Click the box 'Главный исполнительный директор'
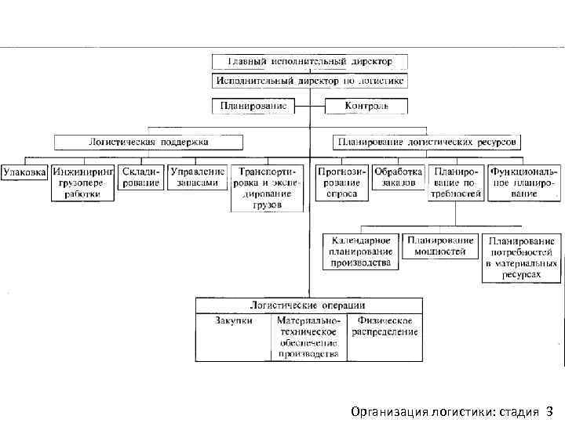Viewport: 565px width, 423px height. point(309,61)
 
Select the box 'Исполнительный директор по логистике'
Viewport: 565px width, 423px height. point(309,80)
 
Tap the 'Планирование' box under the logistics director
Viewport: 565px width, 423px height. point(252,106)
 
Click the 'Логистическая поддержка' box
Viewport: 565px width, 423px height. point(148,143)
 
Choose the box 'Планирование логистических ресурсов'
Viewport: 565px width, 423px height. point(427,143)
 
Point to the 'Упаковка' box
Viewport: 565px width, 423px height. point(25,171)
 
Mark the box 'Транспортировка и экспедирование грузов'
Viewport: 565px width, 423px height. point(267,188)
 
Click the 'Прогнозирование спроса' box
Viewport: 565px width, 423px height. point(341,182)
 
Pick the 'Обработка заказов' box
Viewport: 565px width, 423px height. point(398,176)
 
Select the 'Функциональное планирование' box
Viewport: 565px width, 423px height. point(523,182)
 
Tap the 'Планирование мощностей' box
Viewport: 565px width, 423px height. point(439,246)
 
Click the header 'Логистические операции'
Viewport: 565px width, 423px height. point(308,305)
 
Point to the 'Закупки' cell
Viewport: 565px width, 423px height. point(233,321)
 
